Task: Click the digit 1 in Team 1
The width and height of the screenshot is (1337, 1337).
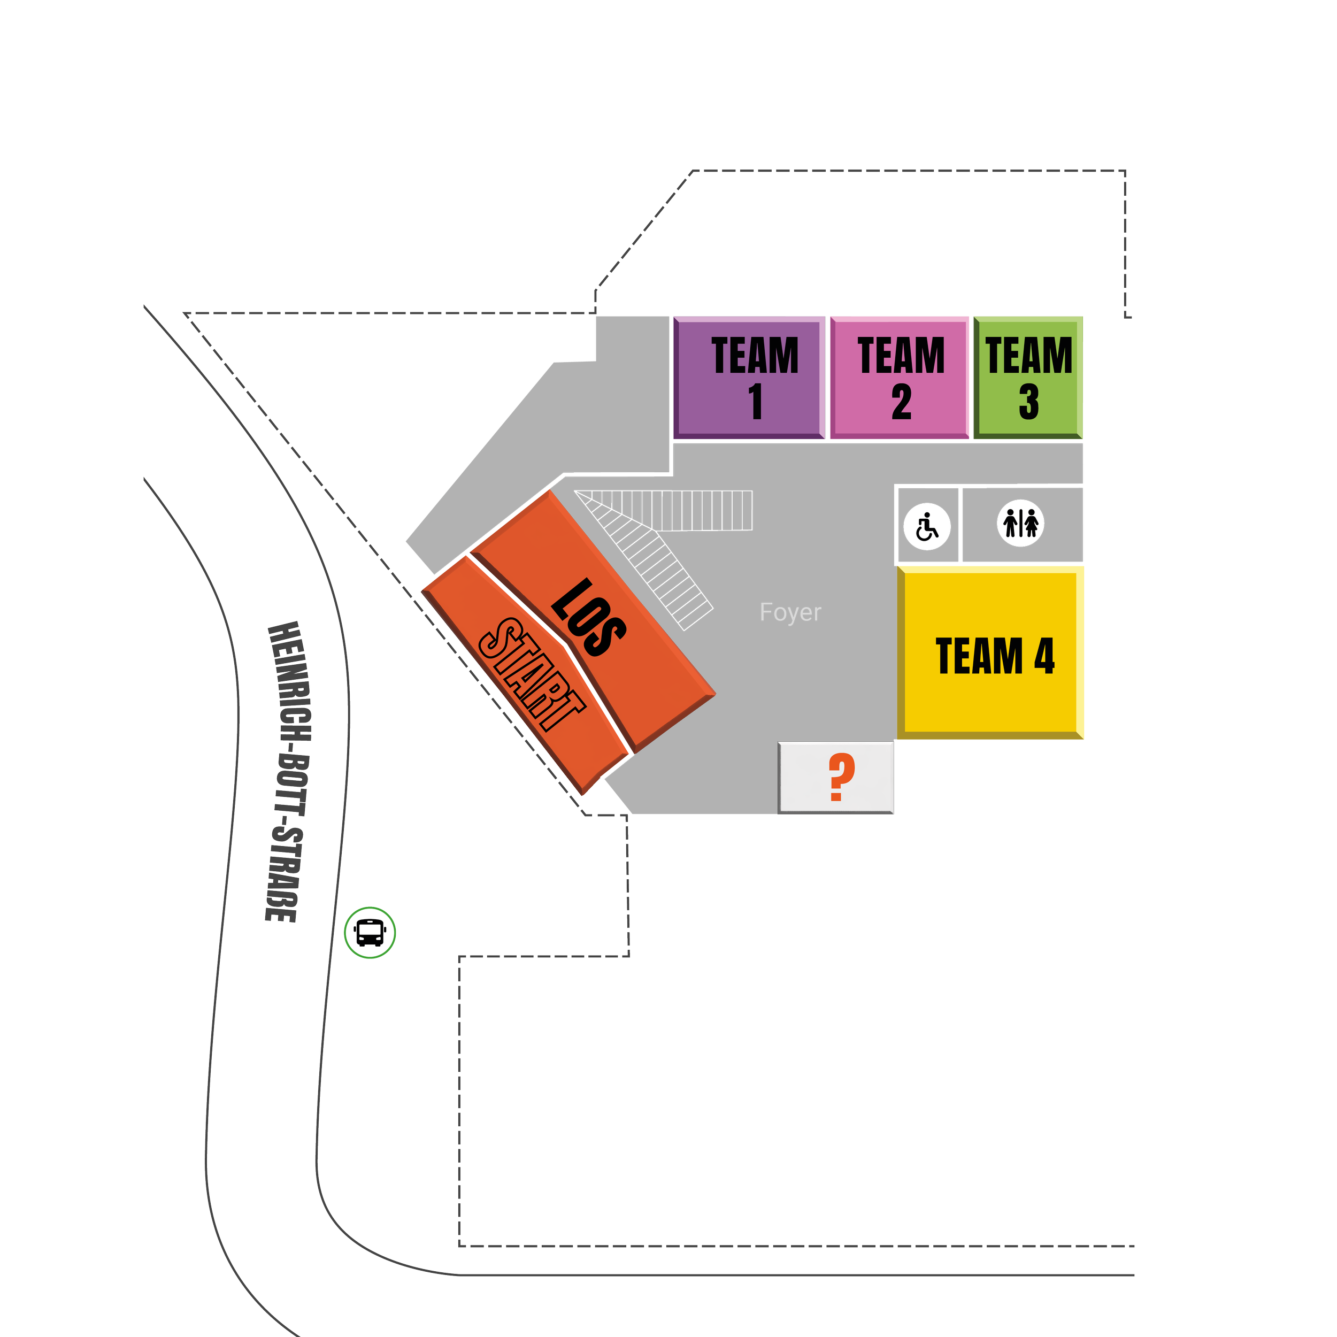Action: (755, 402)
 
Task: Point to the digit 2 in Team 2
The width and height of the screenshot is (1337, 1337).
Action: (901, 402)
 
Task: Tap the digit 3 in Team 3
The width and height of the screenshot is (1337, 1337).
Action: (1029, 402)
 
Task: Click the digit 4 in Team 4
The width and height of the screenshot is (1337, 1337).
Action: (1043, 656)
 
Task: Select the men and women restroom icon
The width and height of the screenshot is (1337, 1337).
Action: (1021, 523)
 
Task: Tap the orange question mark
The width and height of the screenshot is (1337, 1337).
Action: (841, 777)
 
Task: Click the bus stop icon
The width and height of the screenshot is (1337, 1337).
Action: (370, 933)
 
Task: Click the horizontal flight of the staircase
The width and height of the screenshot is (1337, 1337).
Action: (699, 510)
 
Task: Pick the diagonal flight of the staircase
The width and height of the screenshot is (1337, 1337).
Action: (654, 564)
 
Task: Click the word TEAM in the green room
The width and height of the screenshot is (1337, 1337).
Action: (1029, 356)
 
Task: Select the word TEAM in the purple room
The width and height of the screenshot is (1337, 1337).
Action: (755, 356)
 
